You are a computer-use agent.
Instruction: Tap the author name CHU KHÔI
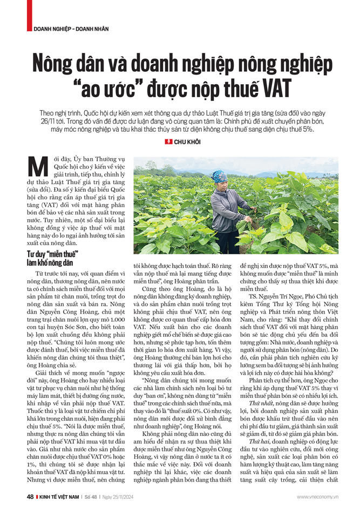[x=186, y=141]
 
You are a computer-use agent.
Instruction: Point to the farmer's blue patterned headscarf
[x=219, y=177]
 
